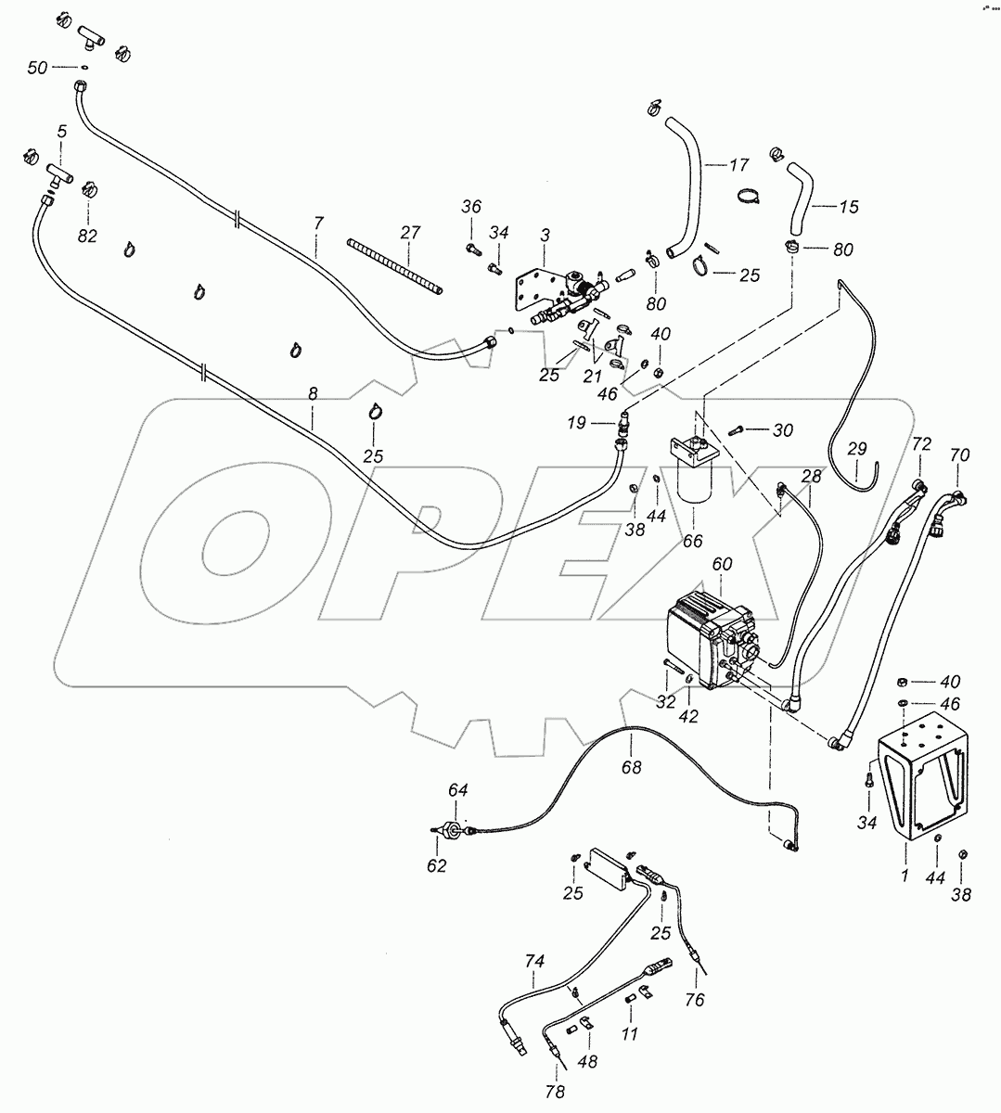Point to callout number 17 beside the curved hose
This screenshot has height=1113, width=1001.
pyautogui.click(x=738, y=166)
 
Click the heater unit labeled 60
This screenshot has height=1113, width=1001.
pyautogui.click(x=710, y=640)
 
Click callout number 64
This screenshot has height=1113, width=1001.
pyautogui.click(x=458, y=789)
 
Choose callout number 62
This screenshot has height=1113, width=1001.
pyautogui.click(x=436, y=865)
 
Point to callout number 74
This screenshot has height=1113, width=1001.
pyautogui.click(x=533, y=963)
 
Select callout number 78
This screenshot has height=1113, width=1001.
pyautogui.click(x=555, y=1092)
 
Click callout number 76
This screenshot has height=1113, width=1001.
pyautogui.click(x=696, y=1000)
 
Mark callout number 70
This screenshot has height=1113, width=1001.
pyautogui.click(x=959, y=455)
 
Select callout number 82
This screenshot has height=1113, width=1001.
pyautogui.click(x=87, y=236)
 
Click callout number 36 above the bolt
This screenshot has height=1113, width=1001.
pyautogui.click(x=472, y=207)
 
